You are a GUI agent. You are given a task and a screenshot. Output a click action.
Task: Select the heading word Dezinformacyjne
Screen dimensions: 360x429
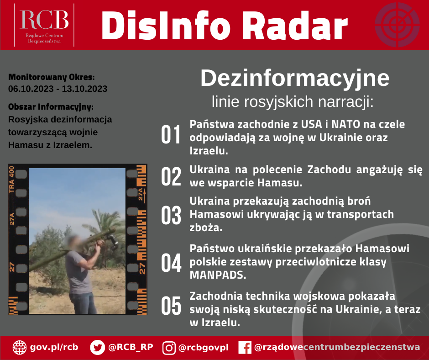(x=295, y=79)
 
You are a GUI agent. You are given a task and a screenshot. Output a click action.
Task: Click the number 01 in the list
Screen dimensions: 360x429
(x=172, y=136)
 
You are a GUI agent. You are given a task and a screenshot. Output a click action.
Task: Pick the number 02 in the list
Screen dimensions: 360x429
(x=172, y=176)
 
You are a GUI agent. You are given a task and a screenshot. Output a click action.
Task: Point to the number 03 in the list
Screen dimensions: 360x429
(x=172, y=215)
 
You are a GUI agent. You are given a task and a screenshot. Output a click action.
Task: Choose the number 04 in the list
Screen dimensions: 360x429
(x=172, y=264)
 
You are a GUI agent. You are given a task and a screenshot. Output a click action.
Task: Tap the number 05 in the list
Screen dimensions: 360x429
(x=172, y=307)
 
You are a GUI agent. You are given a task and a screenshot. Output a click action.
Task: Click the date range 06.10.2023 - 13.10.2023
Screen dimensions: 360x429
(x=58, y=89)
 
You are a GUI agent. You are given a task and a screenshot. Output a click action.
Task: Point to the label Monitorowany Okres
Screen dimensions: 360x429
(x=52, y=78)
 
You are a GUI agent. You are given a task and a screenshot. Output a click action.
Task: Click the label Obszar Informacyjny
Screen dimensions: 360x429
(x=51, y=107)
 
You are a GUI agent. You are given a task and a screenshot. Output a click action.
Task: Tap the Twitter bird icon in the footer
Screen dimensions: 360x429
(x=97, y=348)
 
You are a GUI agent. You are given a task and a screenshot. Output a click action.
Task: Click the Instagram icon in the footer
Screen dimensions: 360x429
(x=169, y=348)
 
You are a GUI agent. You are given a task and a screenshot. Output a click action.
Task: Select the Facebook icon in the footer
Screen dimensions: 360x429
(x=245, y=348)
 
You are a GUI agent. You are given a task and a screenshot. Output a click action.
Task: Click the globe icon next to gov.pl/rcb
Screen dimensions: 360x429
(x=20, y=348)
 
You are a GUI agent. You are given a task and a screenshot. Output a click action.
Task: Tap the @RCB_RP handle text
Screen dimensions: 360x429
(x=131, y=347)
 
